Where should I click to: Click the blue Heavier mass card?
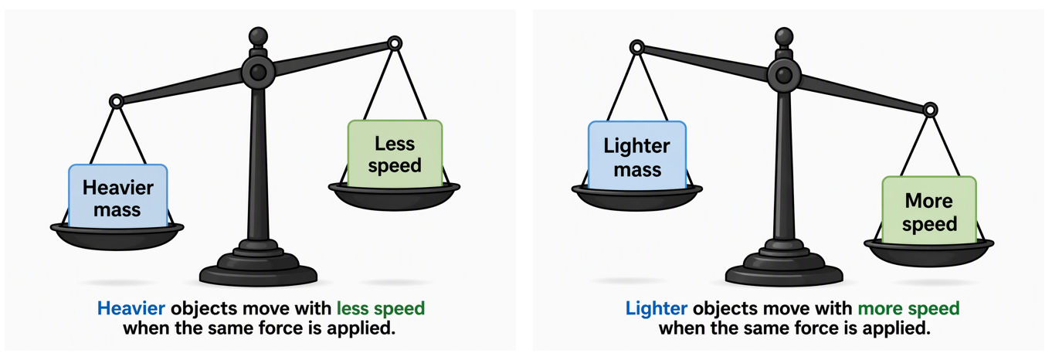(x=118, y=196)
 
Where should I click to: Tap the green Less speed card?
(x=395, y=154)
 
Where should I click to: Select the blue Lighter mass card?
(x=637, y=155)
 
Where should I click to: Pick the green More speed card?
(x=929, y=210)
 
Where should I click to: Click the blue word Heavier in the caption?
(x=131, y=308)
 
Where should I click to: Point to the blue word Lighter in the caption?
(x=656, y=308)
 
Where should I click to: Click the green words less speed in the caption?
(x=381, y=308)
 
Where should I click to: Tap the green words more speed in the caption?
(x=908, y=308)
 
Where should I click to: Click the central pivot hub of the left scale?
(x=258, y=73)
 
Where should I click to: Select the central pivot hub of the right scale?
(x=784, y=75)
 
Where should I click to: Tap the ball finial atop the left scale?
(x=258, y=36)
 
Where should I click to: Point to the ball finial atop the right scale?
(x=784, y=36)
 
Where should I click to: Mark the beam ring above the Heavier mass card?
(x=116, y=101)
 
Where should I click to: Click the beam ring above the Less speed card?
(x=395, y=44)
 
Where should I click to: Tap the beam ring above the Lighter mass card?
(x=636, y=47)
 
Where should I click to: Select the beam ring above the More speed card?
(x=929, y=110)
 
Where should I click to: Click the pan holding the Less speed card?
(x=394, y=197)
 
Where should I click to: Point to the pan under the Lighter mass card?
(x=636, y=199)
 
